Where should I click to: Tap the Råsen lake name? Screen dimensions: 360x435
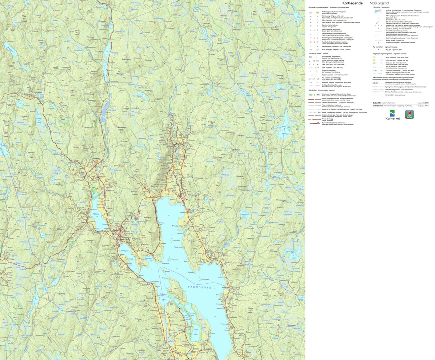click(x=96, y=214)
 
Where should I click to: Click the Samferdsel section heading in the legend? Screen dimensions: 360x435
click(x=314, y=90)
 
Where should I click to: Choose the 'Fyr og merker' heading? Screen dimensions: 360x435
click(x=380, y=47)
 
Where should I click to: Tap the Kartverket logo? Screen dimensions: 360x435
click(x=392, y=115)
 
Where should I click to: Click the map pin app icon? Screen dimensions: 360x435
click(x=410, y=114)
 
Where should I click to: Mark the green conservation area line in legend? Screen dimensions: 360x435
click(x=378, y=95)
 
